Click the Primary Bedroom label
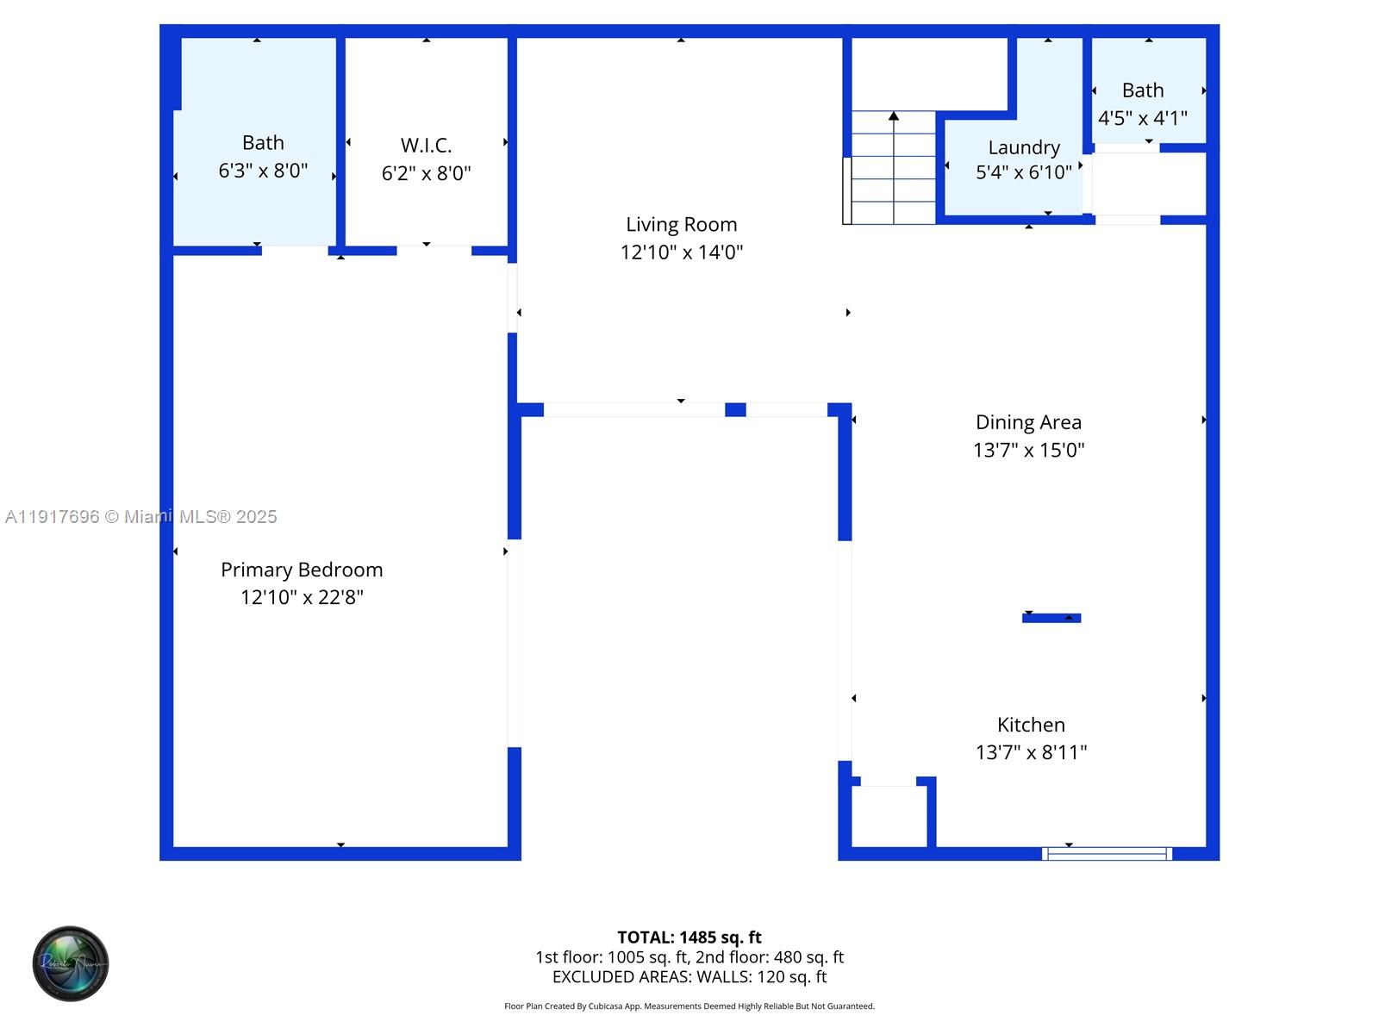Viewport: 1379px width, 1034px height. [x=302, y=570]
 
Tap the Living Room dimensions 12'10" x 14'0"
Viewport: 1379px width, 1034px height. [x=681, y=252]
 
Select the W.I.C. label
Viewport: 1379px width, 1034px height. [x=426, y=146]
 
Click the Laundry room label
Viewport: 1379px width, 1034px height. [x=1024, y=147]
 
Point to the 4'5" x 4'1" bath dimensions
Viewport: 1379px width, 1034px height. [x=1142, y=118]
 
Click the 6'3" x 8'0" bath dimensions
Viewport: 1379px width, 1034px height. [x=263, y=171]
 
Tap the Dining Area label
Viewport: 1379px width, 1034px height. [x=1028, y=422]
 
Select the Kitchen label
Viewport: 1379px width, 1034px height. [x=1031, y=725]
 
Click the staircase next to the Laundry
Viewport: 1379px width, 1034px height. [x=893, y=168]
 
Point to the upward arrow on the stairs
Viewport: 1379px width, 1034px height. [x=894, y=116]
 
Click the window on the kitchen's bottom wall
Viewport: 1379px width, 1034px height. [x=1107, y=854]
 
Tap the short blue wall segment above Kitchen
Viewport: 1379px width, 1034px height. [x=1051, y=618]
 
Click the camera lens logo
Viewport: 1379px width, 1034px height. [x=71, y=963]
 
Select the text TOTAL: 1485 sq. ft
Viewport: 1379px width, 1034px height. [x=689, y=937]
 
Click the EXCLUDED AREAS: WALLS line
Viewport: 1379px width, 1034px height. [x=689, y=977]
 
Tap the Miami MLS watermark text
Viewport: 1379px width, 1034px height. [x=141, y=517]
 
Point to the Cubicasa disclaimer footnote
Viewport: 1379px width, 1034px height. [x=689, y=1006]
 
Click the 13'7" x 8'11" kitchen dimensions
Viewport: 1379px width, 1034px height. [x=1031, y=752]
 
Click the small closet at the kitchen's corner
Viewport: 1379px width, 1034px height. [x=889, y=816]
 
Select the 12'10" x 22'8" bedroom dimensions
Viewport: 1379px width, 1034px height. [x=302, y=597]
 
